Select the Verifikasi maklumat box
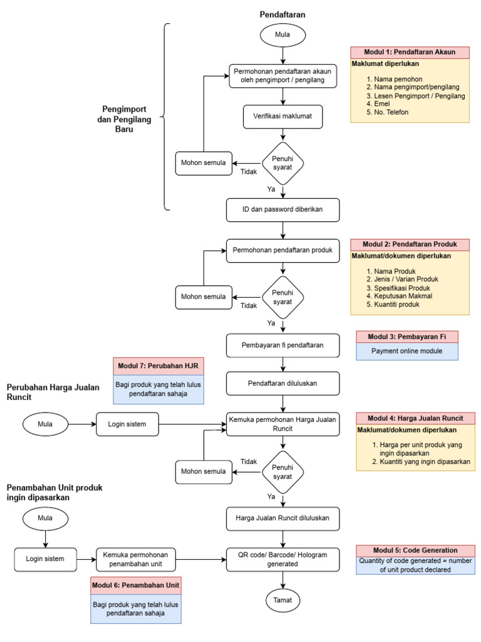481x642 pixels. coord(283,115)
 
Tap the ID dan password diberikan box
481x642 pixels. coord(283,211)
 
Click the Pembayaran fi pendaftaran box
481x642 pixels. coord(283,344)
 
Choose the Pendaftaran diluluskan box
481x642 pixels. coord(283,382)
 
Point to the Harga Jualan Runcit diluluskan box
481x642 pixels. coord(283,518)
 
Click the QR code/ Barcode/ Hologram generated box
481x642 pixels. coord(283,558)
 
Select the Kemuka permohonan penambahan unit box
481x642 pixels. coord(136,558)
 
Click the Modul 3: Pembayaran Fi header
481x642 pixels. coord(407,337)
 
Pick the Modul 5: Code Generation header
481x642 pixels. coord(415,549)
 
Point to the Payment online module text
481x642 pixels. coord(407,351)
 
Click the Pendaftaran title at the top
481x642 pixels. coord(283,14)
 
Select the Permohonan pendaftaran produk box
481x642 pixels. coord(283,250)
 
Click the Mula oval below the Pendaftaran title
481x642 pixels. coord(283,36)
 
